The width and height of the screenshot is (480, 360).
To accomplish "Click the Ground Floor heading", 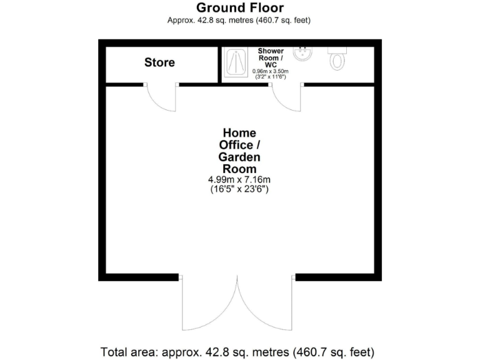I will click(239, 8).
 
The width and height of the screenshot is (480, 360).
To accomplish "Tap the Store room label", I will click(159, 62).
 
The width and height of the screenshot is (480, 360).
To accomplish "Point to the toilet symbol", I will click(337, 57).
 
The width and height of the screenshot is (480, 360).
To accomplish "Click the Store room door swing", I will click(161, 98).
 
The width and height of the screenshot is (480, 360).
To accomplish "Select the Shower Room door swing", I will click(286, 98).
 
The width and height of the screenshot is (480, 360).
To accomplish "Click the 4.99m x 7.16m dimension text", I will click(239, 180).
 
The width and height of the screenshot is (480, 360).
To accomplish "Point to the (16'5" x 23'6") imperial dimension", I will click(239, 190).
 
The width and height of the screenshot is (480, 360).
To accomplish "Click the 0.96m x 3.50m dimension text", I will click(270, 71).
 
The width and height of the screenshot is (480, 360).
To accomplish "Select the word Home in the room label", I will click(239, 132).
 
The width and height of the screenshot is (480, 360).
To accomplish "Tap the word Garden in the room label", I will click(239, 157).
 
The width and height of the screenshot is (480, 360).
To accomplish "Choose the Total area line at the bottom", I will click(237, 351).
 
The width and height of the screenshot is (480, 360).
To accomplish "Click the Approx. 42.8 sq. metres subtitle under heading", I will click(239, 20).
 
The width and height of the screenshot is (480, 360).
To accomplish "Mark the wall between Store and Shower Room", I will click(219, 62).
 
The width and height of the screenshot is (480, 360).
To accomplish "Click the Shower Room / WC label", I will click(271, 57).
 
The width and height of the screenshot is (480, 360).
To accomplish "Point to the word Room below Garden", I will click(239, 169).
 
